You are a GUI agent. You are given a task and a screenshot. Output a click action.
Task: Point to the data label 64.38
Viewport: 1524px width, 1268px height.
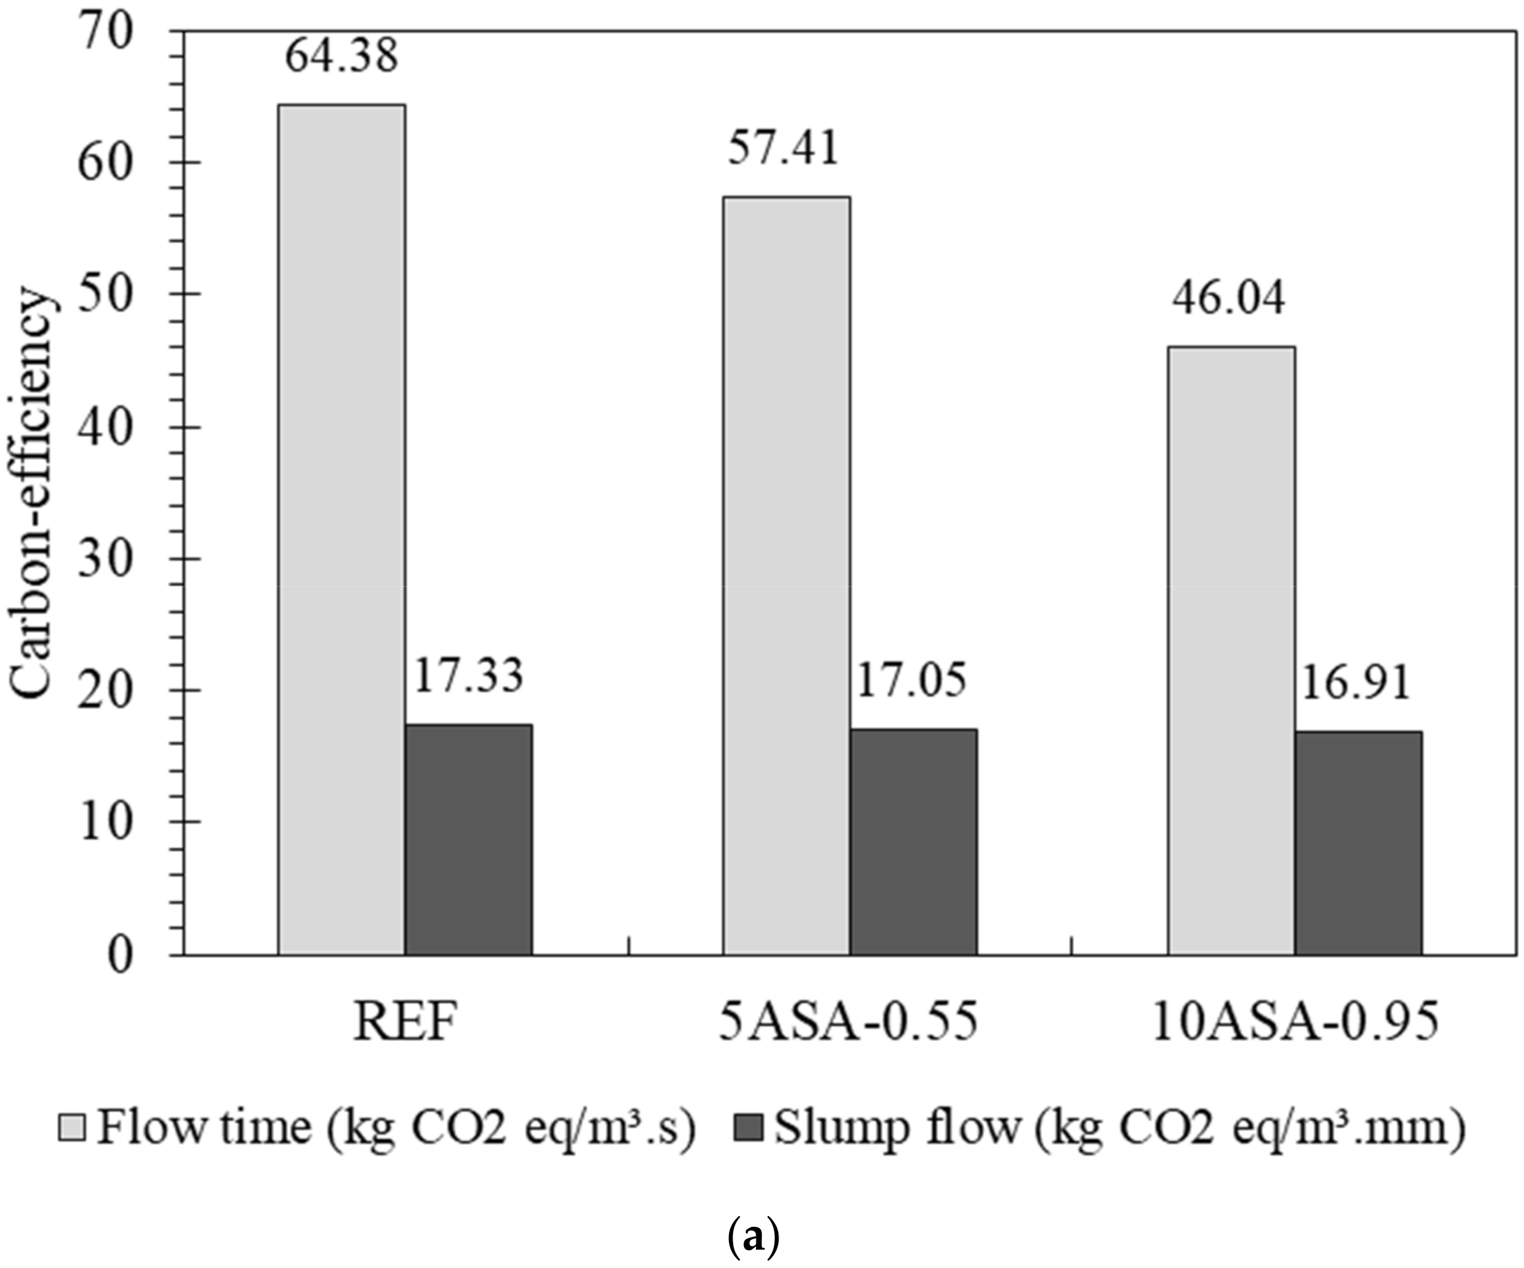coord(341,56)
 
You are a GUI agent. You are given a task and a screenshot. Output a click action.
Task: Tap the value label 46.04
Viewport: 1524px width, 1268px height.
coord(1229,298)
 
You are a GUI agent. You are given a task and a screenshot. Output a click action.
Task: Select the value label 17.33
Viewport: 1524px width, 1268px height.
coord(468,676)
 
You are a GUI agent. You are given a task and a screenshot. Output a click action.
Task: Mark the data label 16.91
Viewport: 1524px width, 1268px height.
coord(1356,683)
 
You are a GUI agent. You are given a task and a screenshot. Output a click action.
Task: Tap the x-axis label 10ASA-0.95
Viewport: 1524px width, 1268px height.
coord(1295,1024)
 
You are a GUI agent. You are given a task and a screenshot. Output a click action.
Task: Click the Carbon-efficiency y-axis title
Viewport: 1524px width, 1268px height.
coord(31,494)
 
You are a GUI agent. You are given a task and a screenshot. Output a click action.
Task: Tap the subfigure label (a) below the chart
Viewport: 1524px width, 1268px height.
coord(753,1238)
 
